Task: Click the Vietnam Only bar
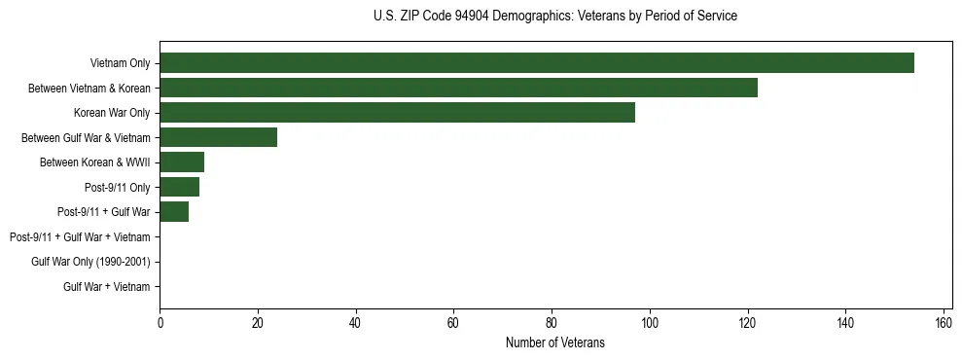tap(536, 63)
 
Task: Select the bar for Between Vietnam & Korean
tap(458, 88)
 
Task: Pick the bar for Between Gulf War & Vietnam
tap(218, 137)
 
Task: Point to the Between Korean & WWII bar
tap(182, 162)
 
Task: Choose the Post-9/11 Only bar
tap(179, 187)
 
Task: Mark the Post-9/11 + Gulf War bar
tap(174, 212)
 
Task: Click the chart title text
tap(555, 17)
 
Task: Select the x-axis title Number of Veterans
tap(555, 342)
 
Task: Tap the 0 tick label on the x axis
tap(160, 323)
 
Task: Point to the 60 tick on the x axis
tap(453, 323)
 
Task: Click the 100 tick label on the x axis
tap(650, 323)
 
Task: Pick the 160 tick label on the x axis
tap(944, 323)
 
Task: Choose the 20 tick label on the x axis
tap(258, 323)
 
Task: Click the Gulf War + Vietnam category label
tap(106, 287)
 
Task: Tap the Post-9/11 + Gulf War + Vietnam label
tap(80, 237)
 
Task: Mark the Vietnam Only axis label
tap(120, 63)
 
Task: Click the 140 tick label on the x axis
tap(845, 323)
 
